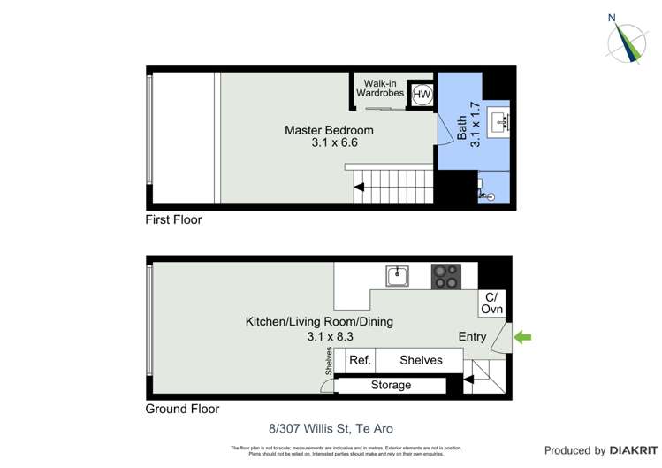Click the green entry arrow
522,337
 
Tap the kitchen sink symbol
397,276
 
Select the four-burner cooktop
445,276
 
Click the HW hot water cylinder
422,95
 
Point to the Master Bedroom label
329,135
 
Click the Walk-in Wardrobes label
380,88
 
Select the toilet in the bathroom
488,193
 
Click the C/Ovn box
491,303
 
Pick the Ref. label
360,360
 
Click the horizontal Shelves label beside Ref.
421,360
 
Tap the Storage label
391,385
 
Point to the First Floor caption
173,219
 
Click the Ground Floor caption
182,409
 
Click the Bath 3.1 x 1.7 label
468,124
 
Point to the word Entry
472,336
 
